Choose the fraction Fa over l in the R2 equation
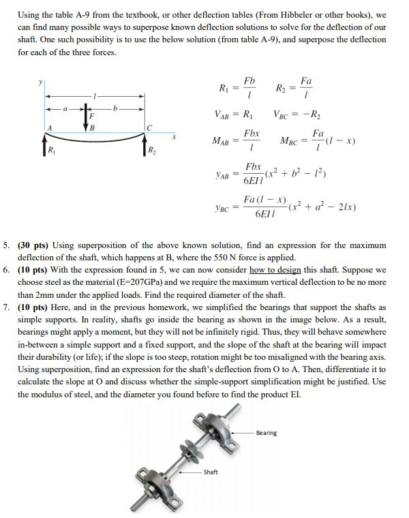306,87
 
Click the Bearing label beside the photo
267,433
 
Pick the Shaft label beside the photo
212,472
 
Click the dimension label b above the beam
117,107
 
